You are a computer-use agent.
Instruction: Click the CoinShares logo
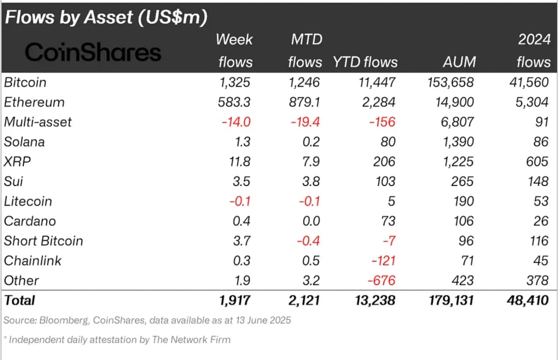[93, 52]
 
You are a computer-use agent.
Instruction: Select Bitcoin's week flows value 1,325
[236, 82]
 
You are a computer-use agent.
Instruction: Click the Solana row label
[24, 142]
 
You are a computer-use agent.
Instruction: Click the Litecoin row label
[28, 201]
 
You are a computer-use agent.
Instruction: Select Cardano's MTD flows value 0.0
[310, 221]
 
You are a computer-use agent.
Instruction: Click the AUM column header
[459, 62]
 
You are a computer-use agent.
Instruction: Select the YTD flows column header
[365, 62]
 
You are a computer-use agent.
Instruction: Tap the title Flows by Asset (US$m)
[106, 18]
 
